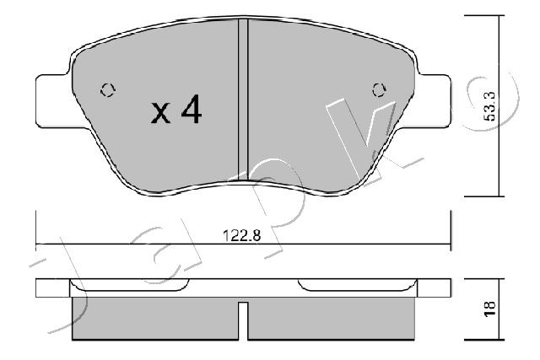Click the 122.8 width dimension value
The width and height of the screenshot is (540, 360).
coord(242,235)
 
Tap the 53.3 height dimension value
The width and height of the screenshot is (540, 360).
coord(489,106)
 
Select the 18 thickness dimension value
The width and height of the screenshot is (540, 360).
coord(489,309)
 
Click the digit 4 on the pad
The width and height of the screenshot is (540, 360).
coord(192,109)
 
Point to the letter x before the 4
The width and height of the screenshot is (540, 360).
coord(160,113)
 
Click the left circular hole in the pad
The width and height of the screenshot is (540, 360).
coord(108,90)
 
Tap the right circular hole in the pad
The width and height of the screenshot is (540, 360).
coord(379,90)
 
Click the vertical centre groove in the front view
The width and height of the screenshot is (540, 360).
coord(243,99)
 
